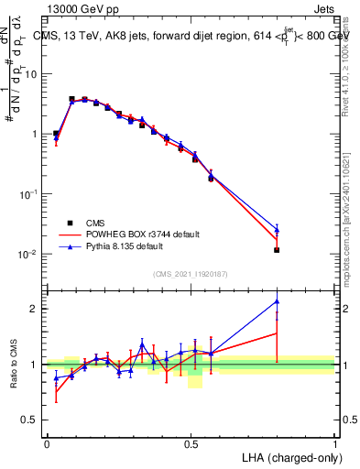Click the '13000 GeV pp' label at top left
pyautogui.click(x=80, y=8)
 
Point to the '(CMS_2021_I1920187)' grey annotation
pyautogui.click(x=191, y=274)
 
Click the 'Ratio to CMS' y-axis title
pyautogui.click(x=15, y=365)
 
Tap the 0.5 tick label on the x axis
pyautogui.click(x=191, y=442)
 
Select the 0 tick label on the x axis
pyautogui.click(x=47, y=442)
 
